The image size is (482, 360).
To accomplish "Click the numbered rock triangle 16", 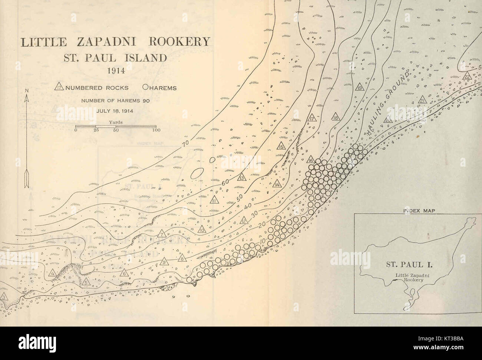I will pyautogui.click(x=311, y=160).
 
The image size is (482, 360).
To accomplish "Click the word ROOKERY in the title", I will pyautogui.click(x=179, y=41).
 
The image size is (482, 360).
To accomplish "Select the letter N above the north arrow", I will pyautogui.click(x=27, y=90).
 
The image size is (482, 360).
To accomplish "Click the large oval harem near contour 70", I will pyautogui.click(x=197, y=173).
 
